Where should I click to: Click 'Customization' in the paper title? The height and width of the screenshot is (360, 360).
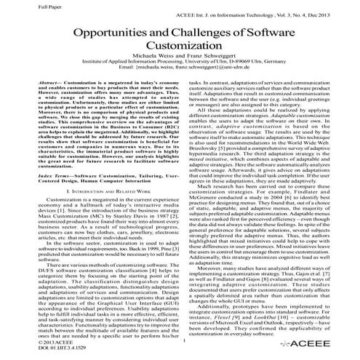[x=180, y=54]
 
